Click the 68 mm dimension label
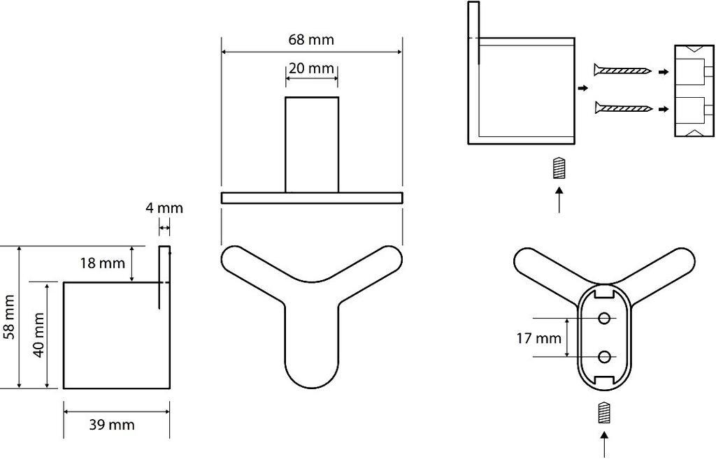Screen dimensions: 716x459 coord(311,40)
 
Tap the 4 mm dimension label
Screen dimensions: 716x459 coord(164,208)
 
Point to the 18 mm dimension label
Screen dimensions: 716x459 coord(102,263)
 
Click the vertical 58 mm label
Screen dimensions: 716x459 coord(10,317)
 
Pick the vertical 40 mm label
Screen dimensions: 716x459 coord(38,335)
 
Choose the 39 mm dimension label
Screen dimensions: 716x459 coord(112,425)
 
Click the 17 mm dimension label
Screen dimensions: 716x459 coord(539,338)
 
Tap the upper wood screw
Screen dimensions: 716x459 coord(622,71)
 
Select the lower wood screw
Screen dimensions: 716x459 coord(623,108)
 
